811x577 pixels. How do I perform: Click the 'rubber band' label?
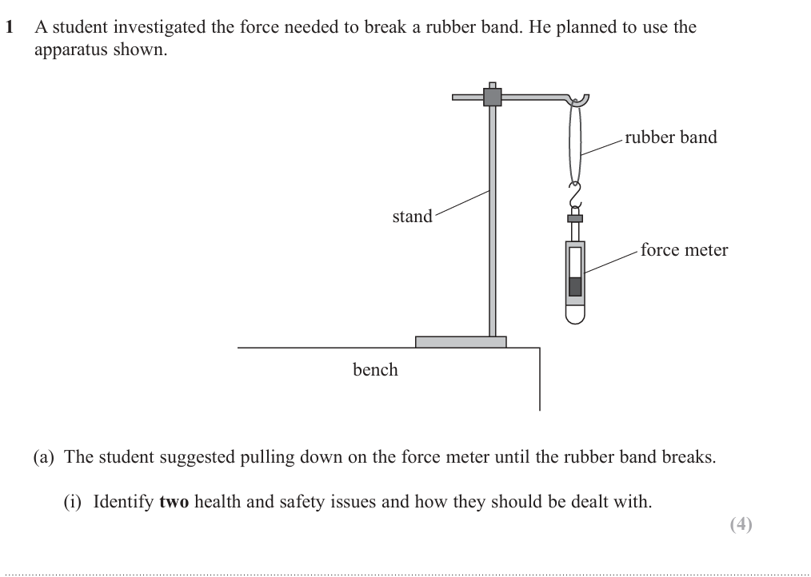click(671, 137)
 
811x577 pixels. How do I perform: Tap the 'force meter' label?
click(685, 249)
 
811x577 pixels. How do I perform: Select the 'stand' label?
click(412, 216)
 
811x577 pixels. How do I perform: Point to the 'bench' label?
click(375, 370)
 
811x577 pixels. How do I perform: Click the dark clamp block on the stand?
click(493, 97)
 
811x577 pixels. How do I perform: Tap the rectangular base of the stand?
click(461, 342)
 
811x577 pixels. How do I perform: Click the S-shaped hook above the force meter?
click(575, 195)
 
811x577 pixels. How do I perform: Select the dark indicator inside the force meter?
click(575, 286)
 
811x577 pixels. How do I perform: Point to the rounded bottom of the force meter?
click(575, 314)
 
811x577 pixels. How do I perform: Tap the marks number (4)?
click(741, 524)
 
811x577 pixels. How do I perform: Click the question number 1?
click(10, 27)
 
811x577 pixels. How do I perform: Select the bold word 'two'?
click(174, 502)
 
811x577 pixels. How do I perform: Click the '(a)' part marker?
click(44, 457)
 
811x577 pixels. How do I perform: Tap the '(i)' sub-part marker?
click(73, 502)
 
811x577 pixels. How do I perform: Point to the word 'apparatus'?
click(71, 50)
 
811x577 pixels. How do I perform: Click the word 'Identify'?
click(123, 502)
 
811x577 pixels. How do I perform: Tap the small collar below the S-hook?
click(575, 218)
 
